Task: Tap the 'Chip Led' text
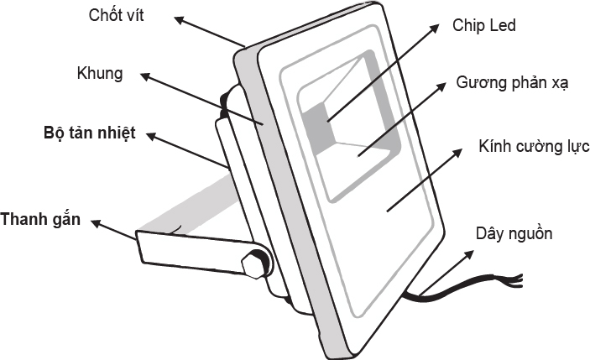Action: coord(483,25)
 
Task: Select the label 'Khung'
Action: coord(99,73)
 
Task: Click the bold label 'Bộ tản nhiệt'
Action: coord(89,133)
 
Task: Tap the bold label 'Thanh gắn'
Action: coord(40,221)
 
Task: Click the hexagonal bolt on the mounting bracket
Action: coord(252,262)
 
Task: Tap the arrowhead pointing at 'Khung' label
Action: coord(144,76)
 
